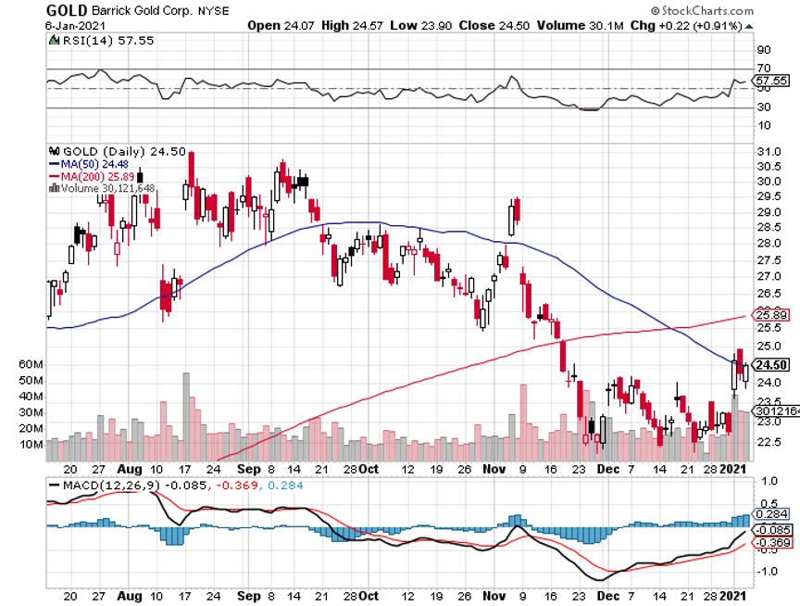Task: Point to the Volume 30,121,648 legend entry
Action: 106,188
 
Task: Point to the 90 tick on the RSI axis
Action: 764,49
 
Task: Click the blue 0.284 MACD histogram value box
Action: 772,514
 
